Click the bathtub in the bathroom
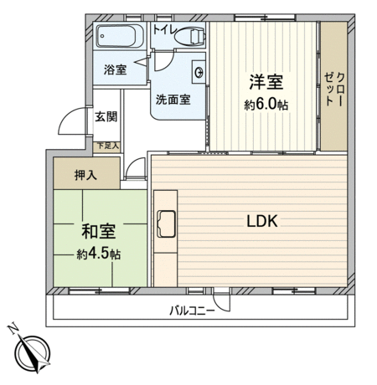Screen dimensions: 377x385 click(x=120, y=36)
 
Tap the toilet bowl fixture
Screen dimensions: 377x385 click(x=190, y=36)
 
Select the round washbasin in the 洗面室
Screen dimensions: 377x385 click(x=199, y=72)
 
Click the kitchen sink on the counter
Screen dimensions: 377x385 click(x=166, y=224)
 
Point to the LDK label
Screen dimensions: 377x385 click(x=262, y=221)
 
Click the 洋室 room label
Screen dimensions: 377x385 click(x=266, y=82)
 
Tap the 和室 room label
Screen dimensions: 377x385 click(x=98, y=231)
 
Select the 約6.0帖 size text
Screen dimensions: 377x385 click(x=266, y=105)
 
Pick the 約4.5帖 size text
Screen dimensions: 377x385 click(x=99, y=254)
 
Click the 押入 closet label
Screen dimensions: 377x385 click(x=85, y=175)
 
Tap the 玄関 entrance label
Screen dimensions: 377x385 click(x=106, y=116)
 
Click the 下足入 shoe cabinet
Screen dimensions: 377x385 click(x=106, y=146)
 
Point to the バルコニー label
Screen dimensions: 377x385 click(x=192, y=311)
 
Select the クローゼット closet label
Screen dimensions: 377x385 click(x=334, y=90)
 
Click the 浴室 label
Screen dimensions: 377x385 click(x=115, y=69)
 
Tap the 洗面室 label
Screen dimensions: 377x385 click(x=173, y=100)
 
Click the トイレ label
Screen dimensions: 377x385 click(x=165, y=29)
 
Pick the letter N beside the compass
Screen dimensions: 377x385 click(x=13, y=329)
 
